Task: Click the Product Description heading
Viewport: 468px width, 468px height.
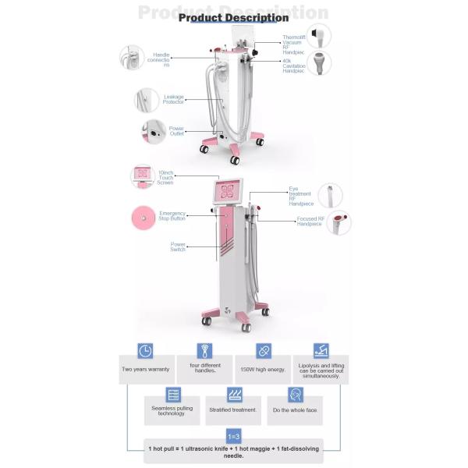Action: pyautogui.click(x=233, y=17)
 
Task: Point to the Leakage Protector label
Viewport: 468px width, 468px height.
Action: pyautogui.click(x=173, y=99)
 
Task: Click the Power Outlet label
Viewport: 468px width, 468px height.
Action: pyautogui.click(x=177, y=130)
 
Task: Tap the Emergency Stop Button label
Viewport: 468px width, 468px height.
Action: pyautogui.click(x=172, y=216)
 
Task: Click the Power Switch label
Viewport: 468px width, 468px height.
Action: pyautogui.click(x=178, y=246)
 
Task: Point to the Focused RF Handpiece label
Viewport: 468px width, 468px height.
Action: pyautogui.click(x=310, y=222)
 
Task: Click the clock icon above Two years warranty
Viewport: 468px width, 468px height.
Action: pyautogui.click(x=145, y=351)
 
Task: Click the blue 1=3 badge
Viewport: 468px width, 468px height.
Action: pyautogui.click(x=233, y=436)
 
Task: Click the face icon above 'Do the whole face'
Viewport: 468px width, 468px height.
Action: pyautogui.click(x=296, y=394)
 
